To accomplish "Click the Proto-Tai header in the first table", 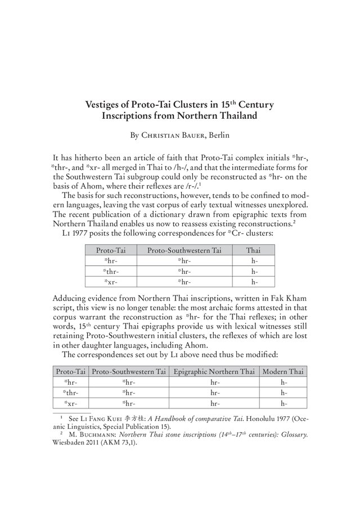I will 111,250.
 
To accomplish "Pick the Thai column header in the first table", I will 255,250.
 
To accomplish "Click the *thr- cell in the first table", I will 111,271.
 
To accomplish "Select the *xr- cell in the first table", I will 111,282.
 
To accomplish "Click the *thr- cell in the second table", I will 70,392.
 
